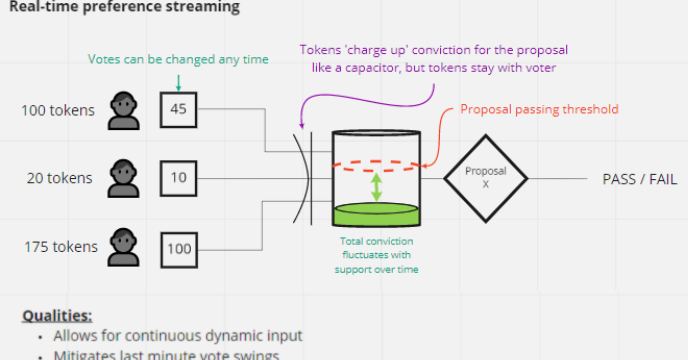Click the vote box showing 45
pyautogui.click(x=178, y=110)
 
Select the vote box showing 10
pyautogui.click(x=178, y=178)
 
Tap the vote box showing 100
pyautogui.click(x=178, y=245)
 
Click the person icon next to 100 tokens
pyautogui.click(x=124, y=109)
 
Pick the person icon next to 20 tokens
pyautogui.click(x=124, y=177)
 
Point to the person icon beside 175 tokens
pyautogui.click(x=124, y=245)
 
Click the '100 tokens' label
pyautogui.click(x=57, y=110)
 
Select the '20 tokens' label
pyautogui.click(x=60, y=178)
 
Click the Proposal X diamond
pyautogui.click(x=486, y=178)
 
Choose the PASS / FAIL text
pyautogui.click(x=639, y=178)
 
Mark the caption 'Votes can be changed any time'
pyautogui.click(x=178, y=59)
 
